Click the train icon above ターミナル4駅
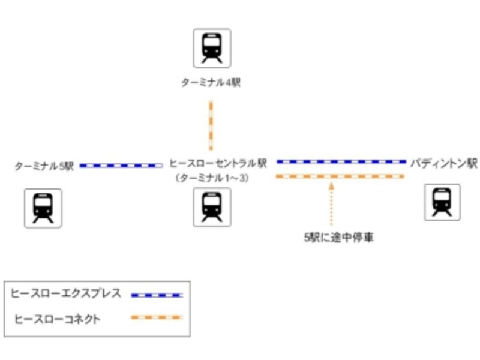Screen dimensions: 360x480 pyautogui.click(x=212, y=48)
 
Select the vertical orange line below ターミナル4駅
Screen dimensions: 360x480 pyautogui.click(x=211, y=125)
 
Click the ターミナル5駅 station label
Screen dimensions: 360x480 pyautogui.click(x=44, y=166)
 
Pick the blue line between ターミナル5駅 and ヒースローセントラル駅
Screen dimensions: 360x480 pyautogui.click(x=121, y=165)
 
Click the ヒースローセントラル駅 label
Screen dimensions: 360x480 pyautogui.click(x=218, y=163)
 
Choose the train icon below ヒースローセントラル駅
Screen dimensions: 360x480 pyautogui.click(x=212, y=207)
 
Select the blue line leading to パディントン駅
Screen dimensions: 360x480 pyautogui.click(x=341, y=161)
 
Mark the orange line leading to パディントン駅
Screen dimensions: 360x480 pyautogui.click(x=340, y=176)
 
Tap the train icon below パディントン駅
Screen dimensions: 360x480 pyautogui.click(x=442, y=203)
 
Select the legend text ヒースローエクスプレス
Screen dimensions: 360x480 pyautogui.click(x=66, y=294)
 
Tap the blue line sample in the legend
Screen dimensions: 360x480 pyautogui.click(x=157, y=295)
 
